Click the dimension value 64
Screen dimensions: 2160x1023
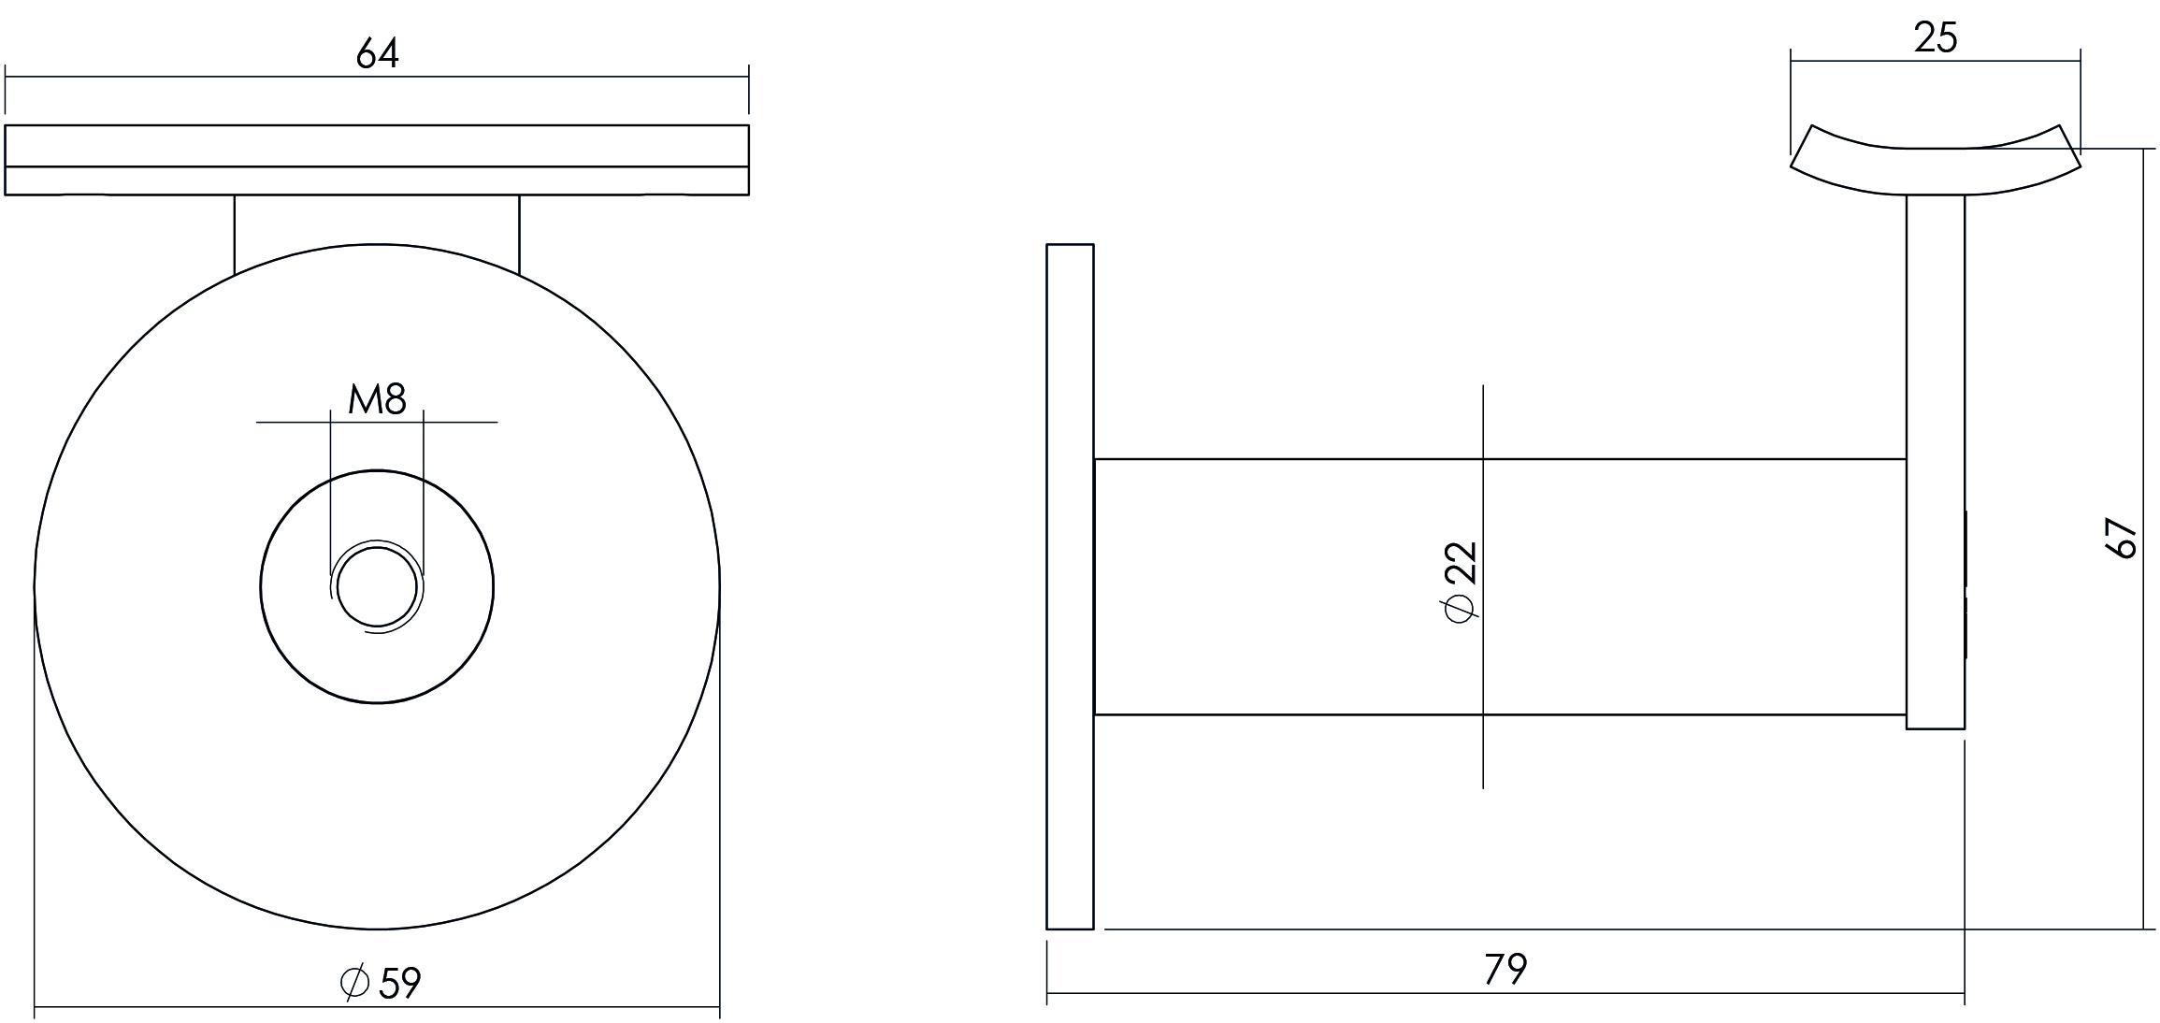[378, 54]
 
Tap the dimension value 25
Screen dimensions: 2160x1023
[1935, 37]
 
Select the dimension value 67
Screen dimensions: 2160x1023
[2122, 538]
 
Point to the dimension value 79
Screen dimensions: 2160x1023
[1505, 970]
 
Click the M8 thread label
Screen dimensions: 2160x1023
[377, 399]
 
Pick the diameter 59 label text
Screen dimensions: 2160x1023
[382, 983]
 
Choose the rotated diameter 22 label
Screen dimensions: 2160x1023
[1460, 581]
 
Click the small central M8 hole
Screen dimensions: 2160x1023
[376, 587]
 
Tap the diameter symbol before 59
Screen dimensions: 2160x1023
[355, 983]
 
